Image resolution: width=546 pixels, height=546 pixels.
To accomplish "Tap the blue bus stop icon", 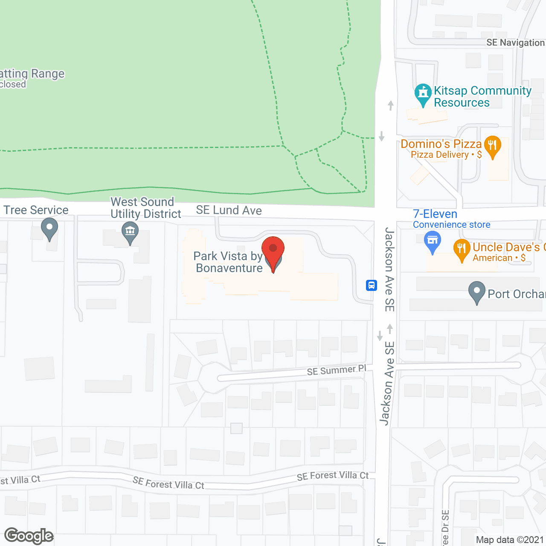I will tap(372, 285).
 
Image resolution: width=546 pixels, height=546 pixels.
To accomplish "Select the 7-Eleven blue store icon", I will tap(433, 241).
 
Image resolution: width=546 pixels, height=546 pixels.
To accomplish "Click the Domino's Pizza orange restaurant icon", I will tap(492, 146).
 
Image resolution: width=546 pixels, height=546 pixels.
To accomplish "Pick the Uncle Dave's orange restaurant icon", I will tap(462, 250).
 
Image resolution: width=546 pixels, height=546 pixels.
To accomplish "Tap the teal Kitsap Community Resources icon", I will tap(423, 93).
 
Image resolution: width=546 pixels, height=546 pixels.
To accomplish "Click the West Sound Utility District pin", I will tap(130, 233).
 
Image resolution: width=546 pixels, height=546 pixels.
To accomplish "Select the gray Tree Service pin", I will tap(49, 228).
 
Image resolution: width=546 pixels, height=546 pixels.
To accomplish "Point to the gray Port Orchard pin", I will tap(477, 292).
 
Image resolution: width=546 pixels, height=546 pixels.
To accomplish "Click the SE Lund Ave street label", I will tap(229, 210).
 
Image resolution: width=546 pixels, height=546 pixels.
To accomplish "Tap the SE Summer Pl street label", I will tap(337, 370).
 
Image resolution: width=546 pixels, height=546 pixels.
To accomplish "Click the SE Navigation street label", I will tap(515, 43).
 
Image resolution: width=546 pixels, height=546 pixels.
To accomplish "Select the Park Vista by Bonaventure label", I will tap(228, 262).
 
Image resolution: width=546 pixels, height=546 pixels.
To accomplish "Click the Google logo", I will tap(29, 536).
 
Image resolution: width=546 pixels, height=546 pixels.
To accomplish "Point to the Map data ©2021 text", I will tap(510, 540).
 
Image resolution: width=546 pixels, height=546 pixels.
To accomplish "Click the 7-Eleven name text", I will tap(435, 214).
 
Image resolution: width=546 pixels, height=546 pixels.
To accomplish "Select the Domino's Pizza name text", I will tap(441, 144).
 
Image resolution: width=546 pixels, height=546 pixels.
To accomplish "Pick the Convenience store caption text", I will tap(451, 225).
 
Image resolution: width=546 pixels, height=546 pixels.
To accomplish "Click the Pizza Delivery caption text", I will tap(446, 155).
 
